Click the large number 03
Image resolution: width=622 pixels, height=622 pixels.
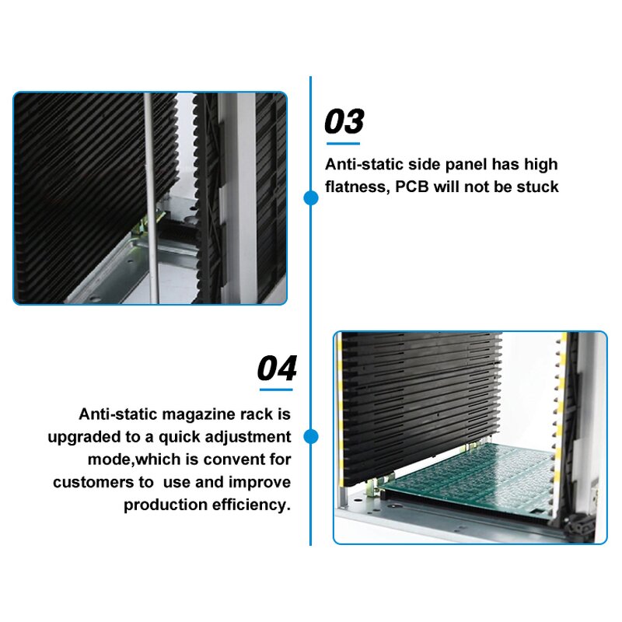coord(344,122)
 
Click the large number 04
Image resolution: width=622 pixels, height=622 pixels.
coord(277,368)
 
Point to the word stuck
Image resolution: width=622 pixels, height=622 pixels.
coord(538,187)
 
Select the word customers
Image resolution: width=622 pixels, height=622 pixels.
coord(91,482)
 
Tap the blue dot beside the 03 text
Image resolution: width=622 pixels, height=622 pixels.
coord(310,198)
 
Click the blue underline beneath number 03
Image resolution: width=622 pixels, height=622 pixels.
coord(343,143)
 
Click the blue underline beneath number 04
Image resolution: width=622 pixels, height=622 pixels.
coord(276,388)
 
